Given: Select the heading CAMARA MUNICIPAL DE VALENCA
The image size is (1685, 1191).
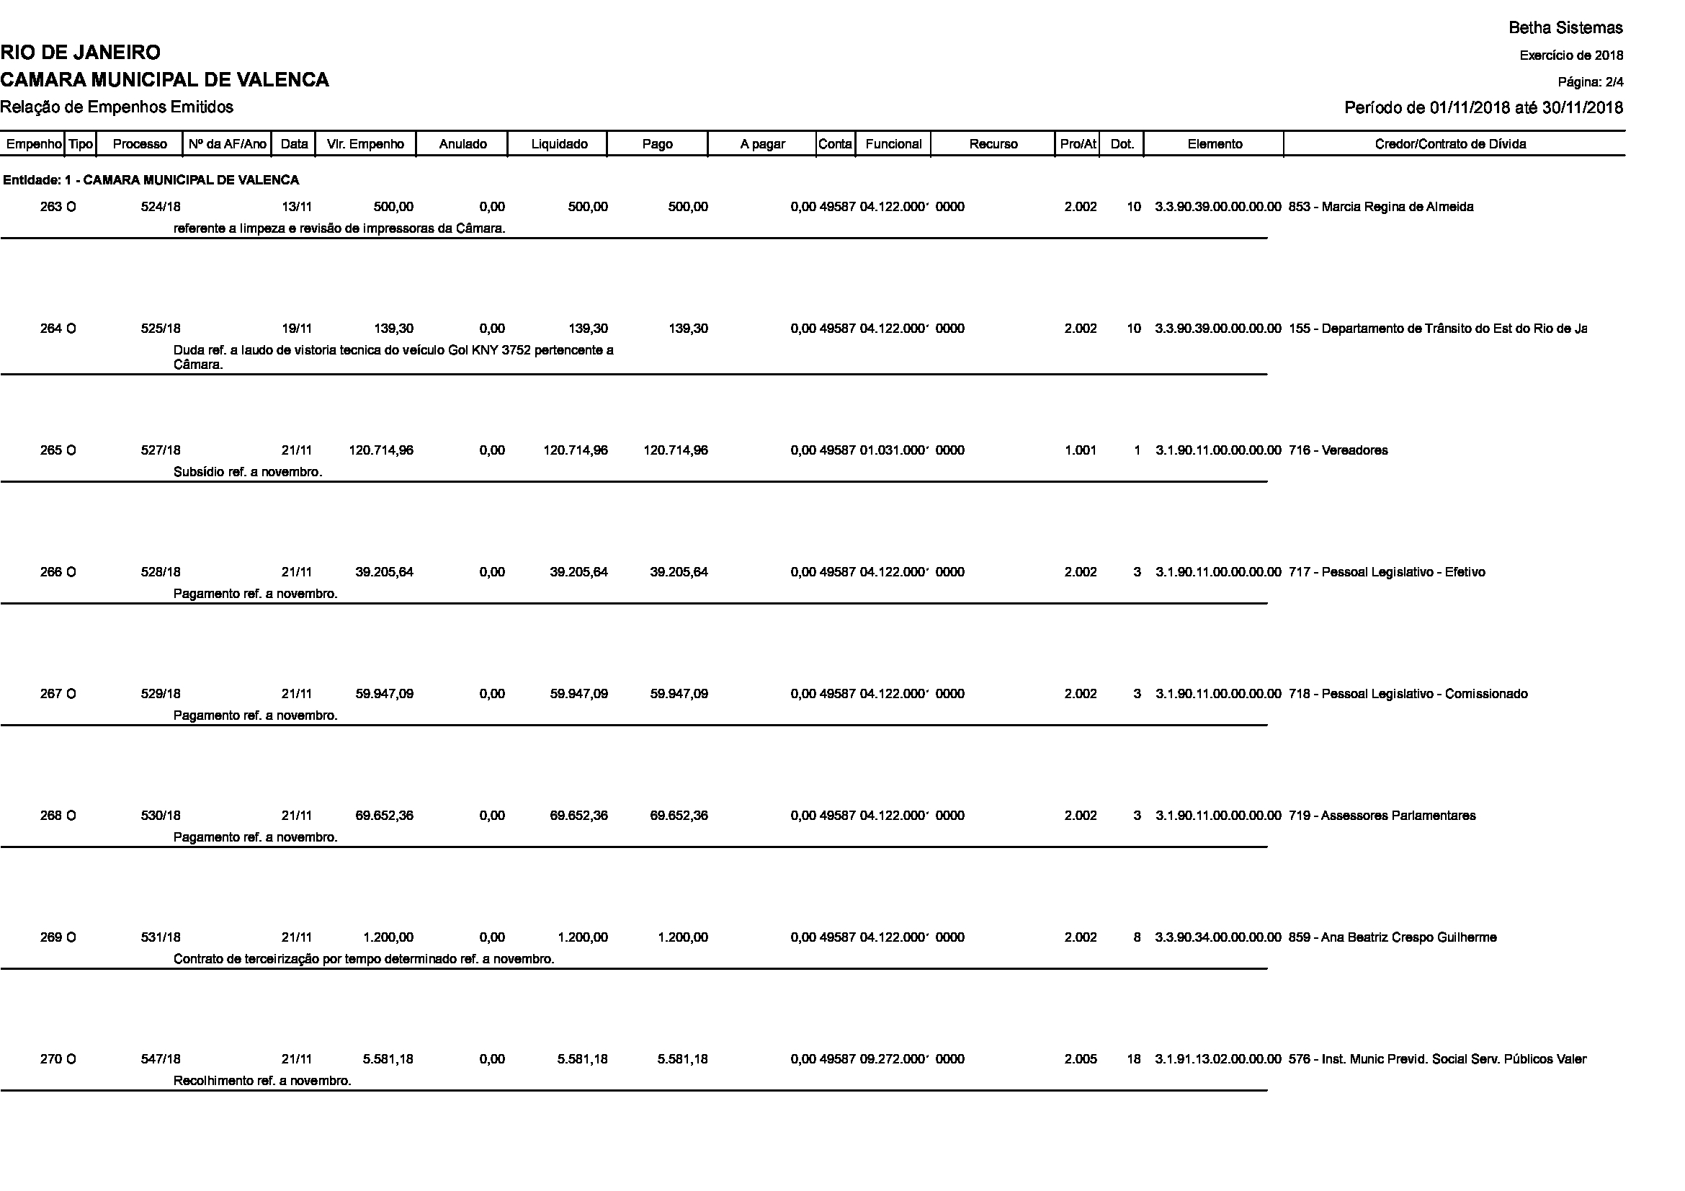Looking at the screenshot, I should (x=164, y=80).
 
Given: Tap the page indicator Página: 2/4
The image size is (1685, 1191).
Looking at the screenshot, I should (x=1591, y=81).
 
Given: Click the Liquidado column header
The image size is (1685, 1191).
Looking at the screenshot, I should (x=559, y=144).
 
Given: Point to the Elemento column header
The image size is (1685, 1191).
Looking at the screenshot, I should (x=1215, y=144).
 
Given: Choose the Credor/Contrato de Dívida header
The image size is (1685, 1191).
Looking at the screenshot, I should (x=1450, y=144).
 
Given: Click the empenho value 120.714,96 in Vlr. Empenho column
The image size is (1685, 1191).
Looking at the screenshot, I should (x=381, y=450).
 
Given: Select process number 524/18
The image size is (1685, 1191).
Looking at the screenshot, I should (x=161, y=207).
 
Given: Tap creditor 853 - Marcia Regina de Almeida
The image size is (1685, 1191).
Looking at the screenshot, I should (x=1380, y=207).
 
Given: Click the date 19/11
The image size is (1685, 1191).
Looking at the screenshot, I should (x=297, y=329).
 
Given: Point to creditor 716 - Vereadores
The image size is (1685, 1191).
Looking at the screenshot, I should (x=1338, y=450).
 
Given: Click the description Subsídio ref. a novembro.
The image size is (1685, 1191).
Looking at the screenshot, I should (x=248, y=472).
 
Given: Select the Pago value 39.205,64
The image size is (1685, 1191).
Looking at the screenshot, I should (x=679, y=572).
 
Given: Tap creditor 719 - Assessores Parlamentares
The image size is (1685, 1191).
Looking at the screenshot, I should (x=1382, y=816).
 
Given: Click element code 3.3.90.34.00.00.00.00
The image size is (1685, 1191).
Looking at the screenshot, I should (x=1218, y=938).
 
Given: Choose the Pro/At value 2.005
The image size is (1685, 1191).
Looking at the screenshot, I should (x=1081, y=1060).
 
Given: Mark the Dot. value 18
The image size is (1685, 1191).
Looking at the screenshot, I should (x=1134, y=1060).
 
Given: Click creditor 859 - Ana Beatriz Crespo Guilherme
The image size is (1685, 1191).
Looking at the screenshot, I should (x=1393, y=938).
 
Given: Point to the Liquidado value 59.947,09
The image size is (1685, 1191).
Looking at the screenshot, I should (x=578, y=694).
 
